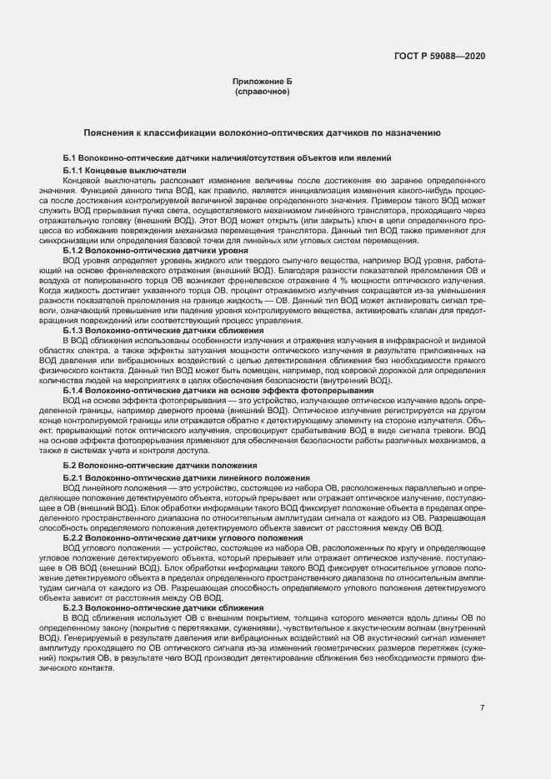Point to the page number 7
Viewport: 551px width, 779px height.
[483, 707]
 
